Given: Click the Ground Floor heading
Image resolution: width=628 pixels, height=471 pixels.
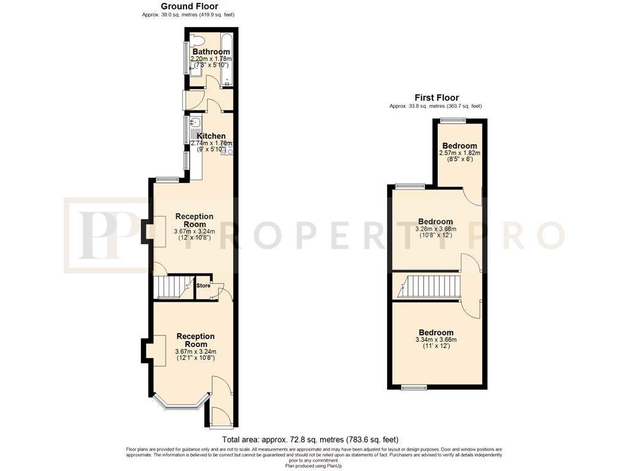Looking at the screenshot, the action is (190, 6).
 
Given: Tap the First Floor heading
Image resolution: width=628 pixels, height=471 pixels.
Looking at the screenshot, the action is (437, 98).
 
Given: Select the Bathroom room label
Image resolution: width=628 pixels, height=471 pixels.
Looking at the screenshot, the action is (211, 52).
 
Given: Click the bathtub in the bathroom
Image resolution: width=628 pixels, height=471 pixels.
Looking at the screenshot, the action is (226, 60).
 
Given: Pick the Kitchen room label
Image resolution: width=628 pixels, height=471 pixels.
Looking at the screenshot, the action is (211, 136).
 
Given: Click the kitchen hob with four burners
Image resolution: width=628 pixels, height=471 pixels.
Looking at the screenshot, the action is (227, 148).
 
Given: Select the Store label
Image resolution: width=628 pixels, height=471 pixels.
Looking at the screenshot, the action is (204, 286).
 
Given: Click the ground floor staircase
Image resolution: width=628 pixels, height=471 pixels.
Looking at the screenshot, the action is (173, 287).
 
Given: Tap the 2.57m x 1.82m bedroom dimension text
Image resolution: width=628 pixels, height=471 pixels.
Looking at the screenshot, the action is (460, 153).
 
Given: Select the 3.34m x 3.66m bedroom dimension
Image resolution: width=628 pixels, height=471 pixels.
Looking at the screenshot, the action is (436, 340).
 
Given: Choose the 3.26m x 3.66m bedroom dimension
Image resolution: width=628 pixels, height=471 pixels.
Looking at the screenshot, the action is (436, 229).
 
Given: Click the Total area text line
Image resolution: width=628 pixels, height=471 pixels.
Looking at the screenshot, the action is (310, 440).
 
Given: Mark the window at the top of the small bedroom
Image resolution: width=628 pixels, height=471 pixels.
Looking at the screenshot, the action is (453, 120).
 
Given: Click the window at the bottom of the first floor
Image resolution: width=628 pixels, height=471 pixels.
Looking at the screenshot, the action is (415, 387).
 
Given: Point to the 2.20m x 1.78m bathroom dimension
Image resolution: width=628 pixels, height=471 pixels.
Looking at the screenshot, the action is (211, 59).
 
